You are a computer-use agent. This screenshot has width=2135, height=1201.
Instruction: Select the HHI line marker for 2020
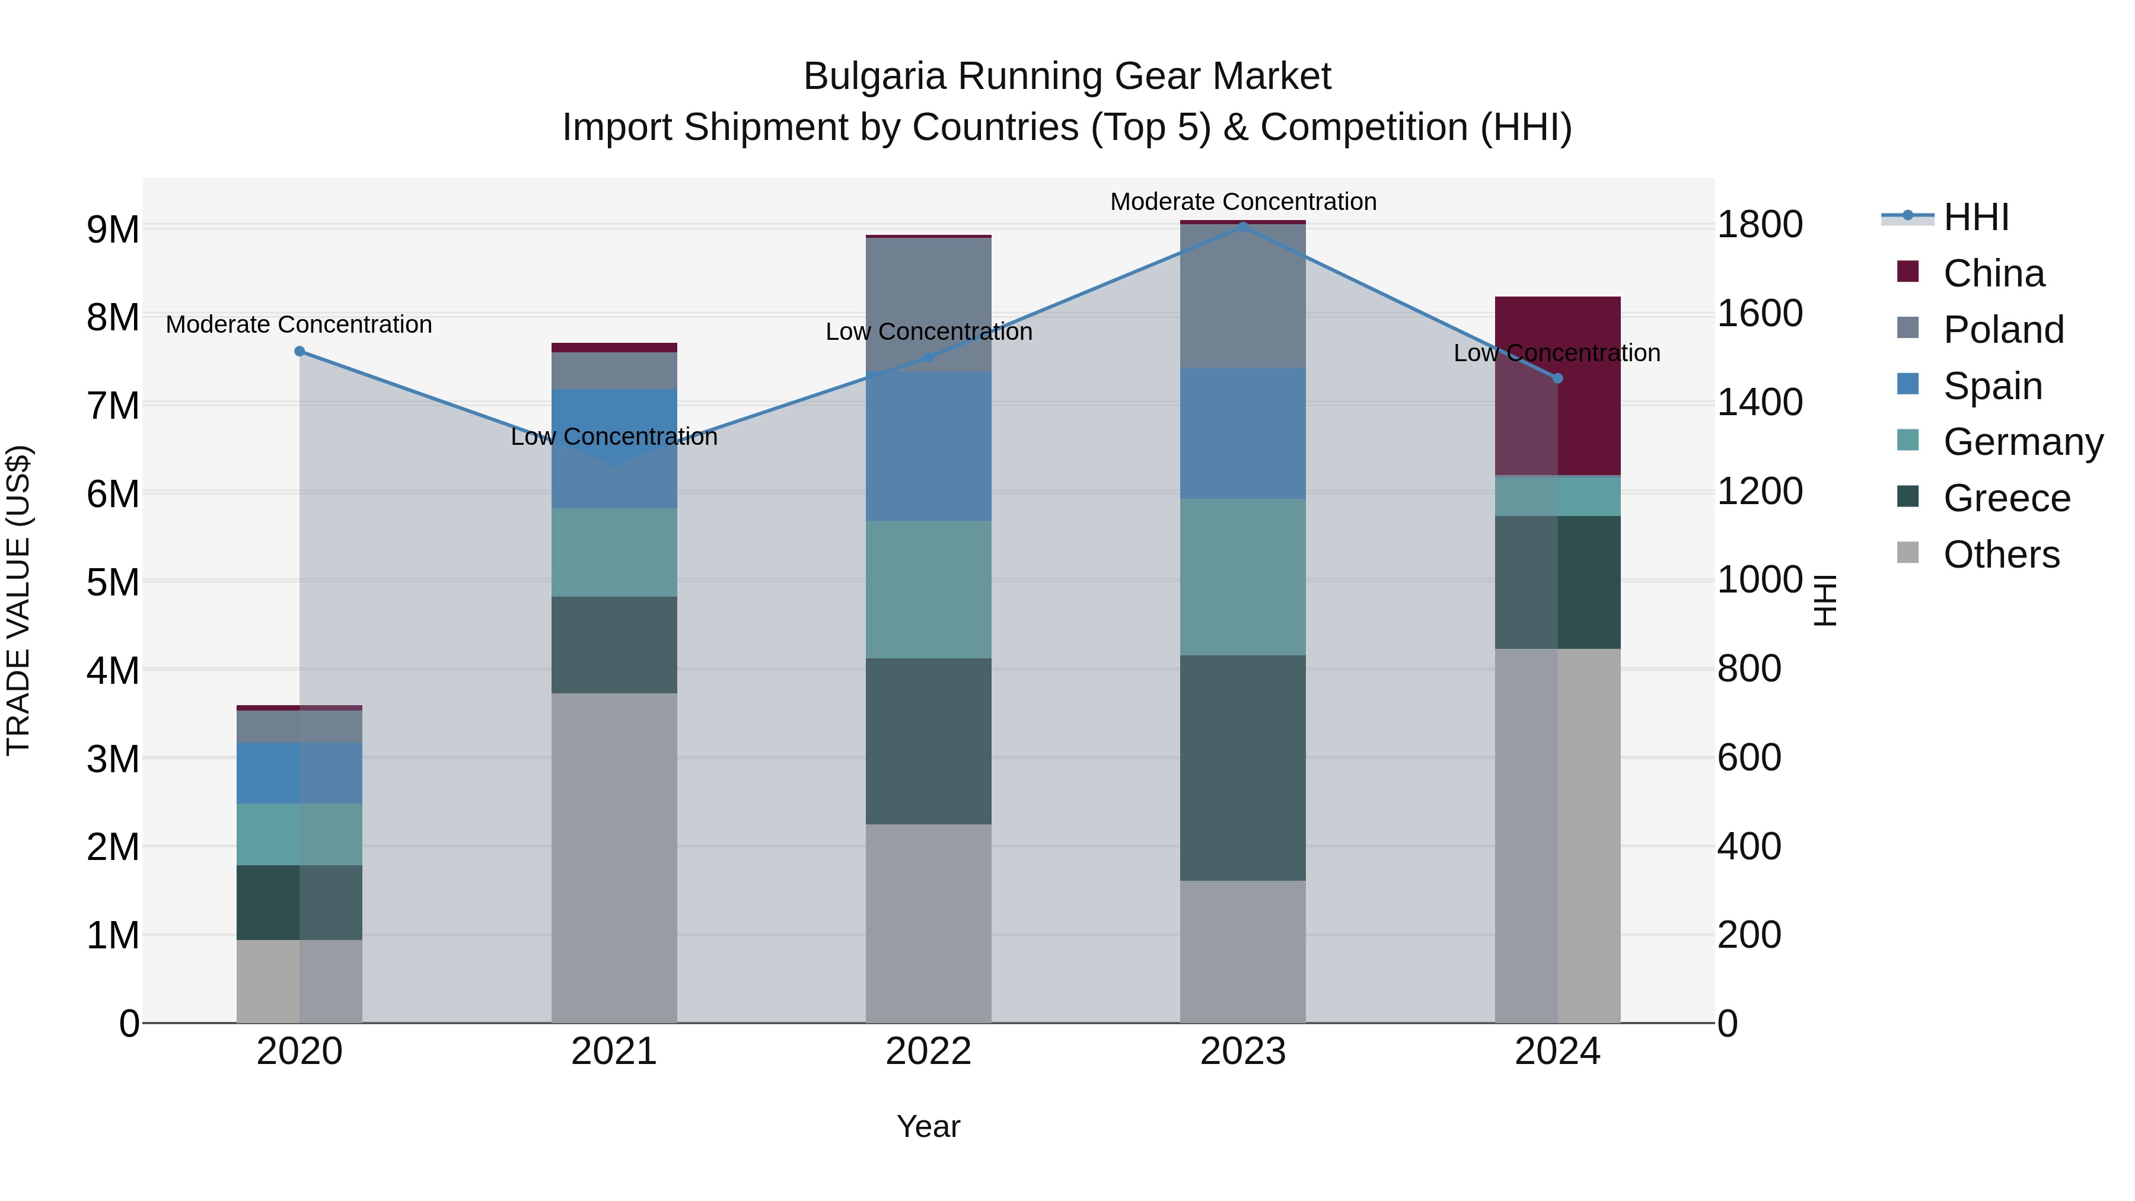[300, 352]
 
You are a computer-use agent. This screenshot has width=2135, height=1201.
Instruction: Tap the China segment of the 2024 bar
[1557, 386]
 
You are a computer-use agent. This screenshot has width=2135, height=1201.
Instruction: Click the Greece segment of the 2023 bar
[1242, 767]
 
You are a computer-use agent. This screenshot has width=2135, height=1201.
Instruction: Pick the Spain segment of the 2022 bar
[928, 446]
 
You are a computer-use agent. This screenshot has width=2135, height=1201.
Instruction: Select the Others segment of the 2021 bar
[614, 858]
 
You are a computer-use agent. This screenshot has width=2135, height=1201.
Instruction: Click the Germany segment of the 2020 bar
[300, 834]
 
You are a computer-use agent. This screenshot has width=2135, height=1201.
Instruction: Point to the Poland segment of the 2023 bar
[1242, 296]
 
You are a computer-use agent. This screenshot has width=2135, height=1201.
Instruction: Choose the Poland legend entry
[2002, 330]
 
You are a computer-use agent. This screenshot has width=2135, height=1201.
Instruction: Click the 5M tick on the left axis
[113, 582]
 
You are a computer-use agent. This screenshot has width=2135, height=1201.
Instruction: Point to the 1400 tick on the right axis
[1760, 403]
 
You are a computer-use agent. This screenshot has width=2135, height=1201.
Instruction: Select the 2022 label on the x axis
[928, 1052]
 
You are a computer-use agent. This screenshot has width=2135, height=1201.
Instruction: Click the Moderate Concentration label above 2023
[1242, 202]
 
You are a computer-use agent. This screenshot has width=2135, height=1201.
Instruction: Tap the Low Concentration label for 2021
[614, 437]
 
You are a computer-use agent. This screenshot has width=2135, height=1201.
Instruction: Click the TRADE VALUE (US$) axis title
[19, 600]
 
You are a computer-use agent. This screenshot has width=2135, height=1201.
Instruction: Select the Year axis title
[928, 1126]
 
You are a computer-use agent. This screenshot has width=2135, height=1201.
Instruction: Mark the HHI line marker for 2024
[1557, 378]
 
